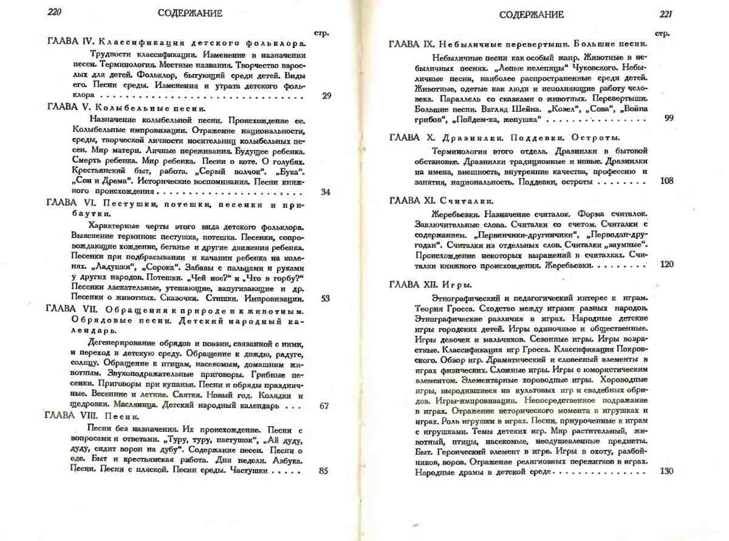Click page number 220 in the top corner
pyautogui.click(x=58, y=12)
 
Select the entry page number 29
pyautogui.click(x=326, y=95)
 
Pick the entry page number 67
pyautogui.click(x=324, y=405)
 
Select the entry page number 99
pyautogui.click(x=669, y=118)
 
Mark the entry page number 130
pyautogui.click(x=666, y=471)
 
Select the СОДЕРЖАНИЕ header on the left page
pyautogui.click(x=189, y=13)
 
